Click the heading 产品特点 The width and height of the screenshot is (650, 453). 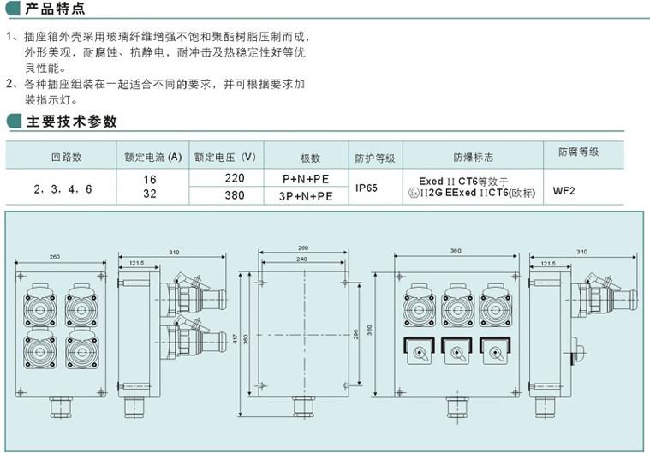coord(57,9)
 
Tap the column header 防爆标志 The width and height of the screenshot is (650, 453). coord(473,158)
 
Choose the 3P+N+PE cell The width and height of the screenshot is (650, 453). coord(306,196)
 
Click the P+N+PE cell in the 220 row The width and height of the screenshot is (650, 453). coord(306,179)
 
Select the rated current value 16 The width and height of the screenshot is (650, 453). coord(151,179)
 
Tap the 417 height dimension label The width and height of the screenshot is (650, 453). coord(236,339)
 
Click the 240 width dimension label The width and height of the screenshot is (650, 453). coord(302,258)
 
